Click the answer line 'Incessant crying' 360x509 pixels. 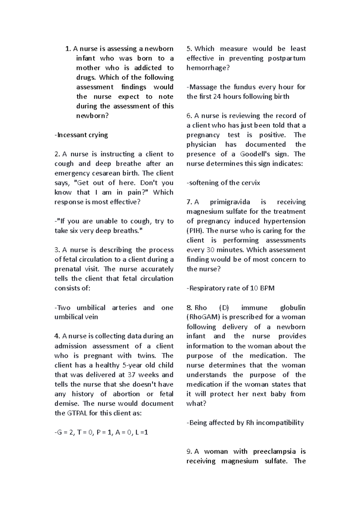coord(81,135)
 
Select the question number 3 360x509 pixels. coord(57,250)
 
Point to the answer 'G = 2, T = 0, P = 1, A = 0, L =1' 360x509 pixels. coord(101,432)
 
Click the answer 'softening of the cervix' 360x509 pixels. coord(223,183)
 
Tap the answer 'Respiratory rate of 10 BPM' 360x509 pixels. coord(231,288)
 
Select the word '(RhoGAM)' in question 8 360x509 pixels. coord(203,317)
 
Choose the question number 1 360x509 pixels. coord(68,49)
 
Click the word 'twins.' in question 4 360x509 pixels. coord(147,356)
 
